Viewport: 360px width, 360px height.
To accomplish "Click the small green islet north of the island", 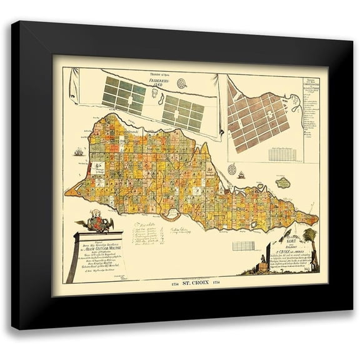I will point(284,182).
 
